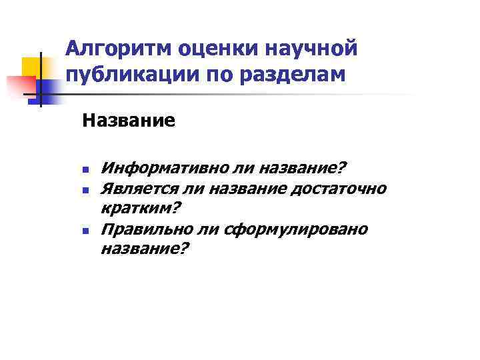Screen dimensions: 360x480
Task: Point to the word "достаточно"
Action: [x=337, y=189]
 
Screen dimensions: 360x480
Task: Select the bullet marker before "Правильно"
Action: [x=85, y=231]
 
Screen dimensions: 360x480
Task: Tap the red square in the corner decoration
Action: [x=20, y=85]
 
